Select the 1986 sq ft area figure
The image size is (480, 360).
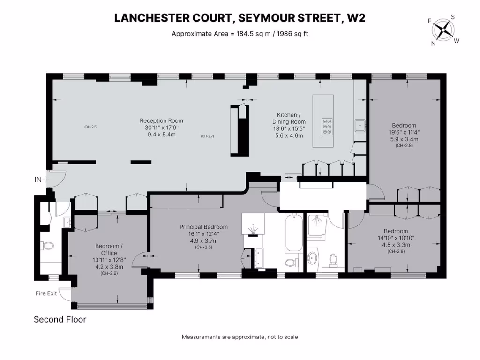289,33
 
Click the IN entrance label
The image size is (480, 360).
38,180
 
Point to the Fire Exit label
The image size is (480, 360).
46,293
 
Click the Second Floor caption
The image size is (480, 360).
60,320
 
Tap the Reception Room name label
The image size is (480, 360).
161,120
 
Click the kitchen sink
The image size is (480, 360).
360,125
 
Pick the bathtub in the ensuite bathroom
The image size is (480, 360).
293,233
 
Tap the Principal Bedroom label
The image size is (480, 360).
203,227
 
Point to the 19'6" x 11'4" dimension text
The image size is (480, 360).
404,132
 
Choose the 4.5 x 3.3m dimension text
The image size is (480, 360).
396,245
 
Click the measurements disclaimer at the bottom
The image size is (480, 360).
240,337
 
